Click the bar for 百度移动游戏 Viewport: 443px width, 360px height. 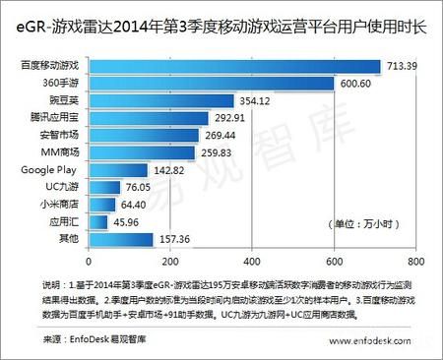point(234,66)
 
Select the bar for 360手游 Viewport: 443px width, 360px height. point(212,84)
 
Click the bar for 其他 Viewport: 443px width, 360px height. point(121,239)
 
